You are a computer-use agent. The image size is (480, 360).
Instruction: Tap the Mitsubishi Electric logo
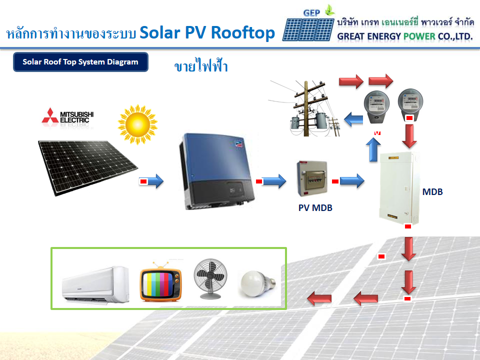(68, 116)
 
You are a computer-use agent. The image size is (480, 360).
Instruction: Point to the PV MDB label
(315, 208)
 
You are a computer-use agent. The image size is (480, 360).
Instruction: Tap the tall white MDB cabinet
(398, 187)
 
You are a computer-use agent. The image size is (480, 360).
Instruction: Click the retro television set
(160, 282)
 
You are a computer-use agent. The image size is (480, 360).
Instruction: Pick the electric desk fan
(209, 279)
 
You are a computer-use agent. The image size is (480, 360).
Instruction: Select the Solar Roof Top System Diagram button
(80, 62)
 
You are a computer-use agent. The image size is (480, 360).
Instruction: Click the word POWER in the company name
(404, 36)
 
